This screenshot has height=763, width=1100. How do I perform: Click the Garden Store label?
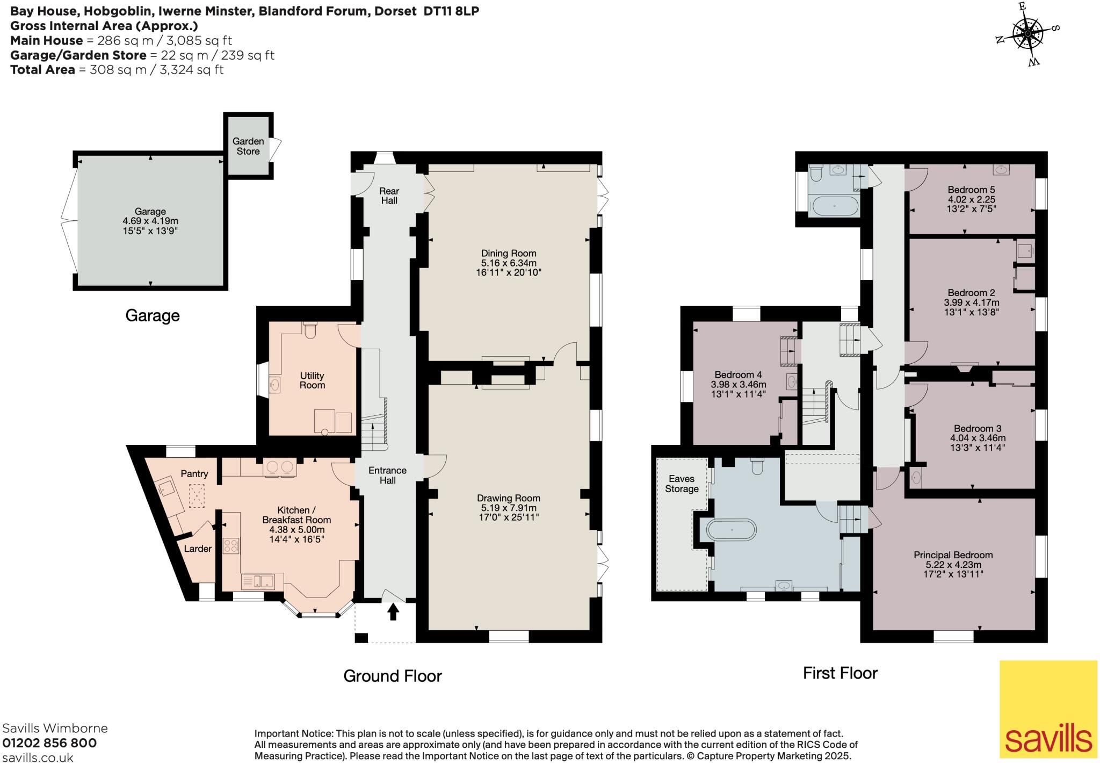248,146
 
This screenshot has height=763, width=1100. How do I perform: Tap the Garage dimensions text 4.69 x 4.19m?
150,221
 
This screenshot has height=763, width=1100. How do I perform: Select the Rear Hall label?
389,196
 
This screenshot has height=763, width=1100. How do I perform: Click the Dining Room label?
509,253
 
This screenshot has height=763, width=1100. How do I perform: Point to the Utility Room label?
312,380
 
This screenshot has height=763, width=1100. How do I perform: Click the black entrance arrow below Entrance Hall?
394,611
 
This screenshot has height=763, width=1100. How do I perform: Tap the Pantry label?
194,473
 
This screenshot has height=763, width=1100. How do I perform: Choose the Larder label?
198,549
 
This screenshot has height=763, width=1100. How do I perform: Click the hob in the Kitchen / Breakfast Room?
231,546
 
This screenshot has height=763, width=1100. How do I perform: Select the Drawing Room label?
509,498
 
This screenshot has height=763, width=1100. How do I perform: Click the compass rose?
1027,34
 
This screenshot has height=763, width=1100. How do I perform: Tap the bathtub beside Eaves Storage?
732,530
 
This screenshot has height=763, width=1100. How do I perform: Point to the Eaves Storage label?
682,484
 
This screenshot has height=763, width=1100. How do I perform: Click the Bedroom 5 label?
971,190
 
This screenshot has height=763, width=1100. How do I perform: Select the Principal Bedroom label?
953,555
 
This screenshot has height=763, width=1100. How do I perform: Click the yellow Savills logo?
1048,709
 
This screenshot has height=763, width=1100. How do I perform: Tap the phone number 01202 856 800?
49,743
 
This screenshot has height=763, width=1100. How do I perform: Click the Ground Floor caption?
393,676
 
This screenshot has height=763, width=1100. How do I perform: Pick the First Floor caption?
840,673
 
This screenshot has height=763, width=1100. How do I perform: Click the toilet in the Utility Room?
310,330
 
